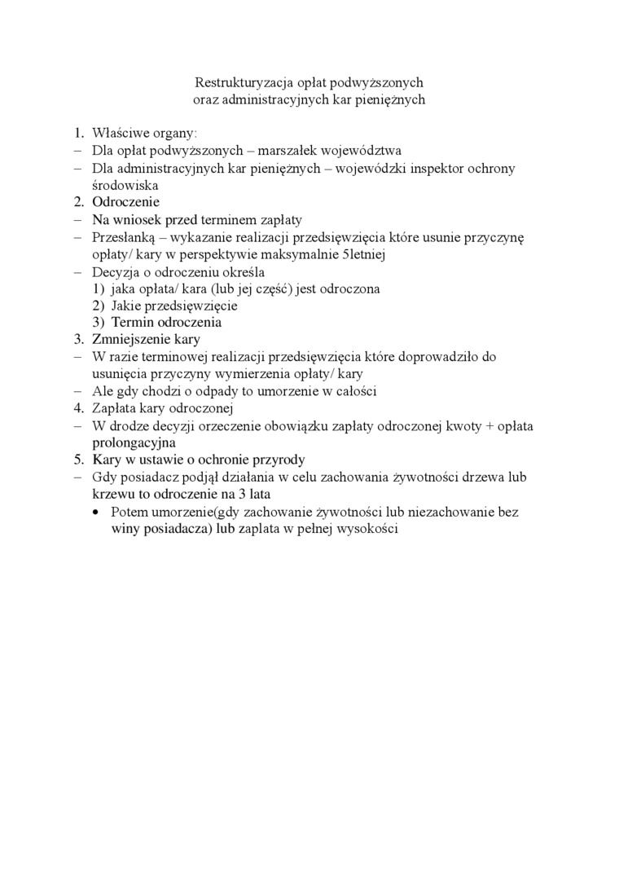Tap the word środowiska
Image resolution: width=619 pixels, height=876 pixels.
coord(125,185)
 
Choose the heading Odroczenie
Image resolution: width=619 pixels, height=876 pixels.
coord(125,202)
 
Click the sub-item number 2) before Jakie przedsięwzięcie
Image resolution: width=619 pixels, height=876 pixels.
coord(98,305)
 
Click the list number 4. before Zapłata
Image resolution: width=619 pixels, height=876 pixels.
coord(79,407)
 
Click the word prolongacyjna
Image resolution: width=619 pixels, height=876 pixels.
coord(134,442)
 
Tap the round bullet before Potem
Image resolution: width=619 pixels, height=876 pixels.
coord(97,512)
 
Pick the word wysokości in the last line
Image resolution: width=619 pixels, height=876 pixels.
coord(371,528)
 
